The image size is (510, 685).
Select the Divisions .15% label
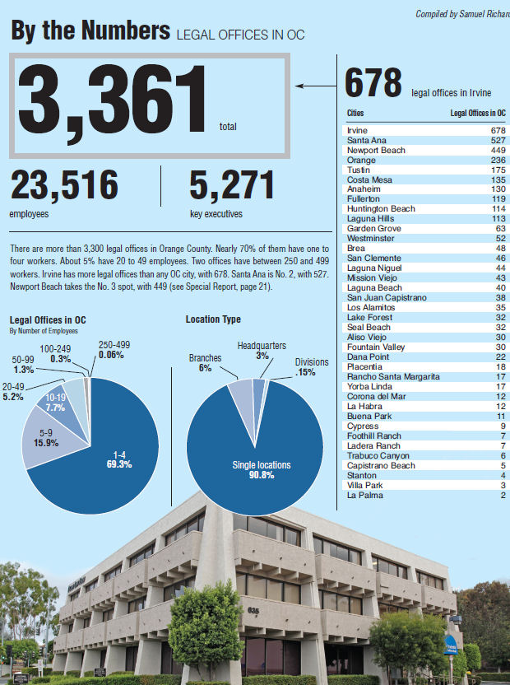click(311, 367)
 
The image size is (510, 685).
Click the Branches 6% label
click(205, 363)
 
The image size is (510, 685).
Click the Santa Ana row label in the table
click(363, 141)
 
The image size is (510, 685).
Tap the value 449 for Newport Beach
click(498, 151)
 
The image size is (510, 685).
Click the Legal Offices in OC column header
click(477, 113)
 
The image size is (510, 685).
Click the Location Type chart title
click(213, 319)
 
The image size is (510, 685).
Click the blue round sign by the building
click(451, 643)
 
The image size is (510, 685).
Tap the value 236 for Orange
click(498, 161)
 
